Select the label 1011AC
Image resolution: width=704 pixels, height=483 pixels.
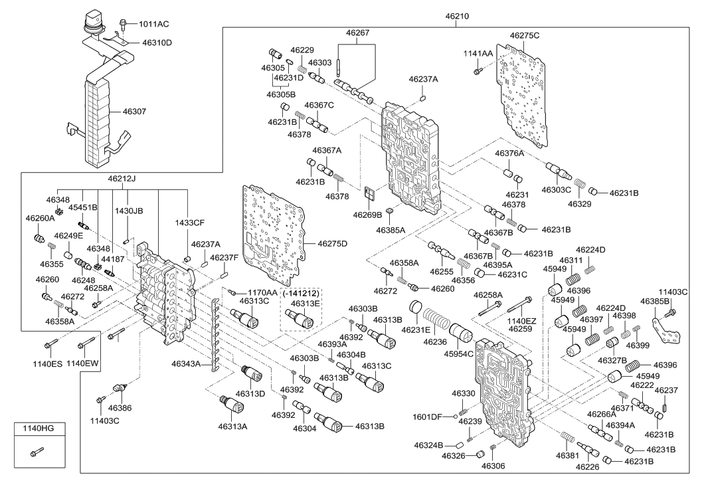[x=153, y=24]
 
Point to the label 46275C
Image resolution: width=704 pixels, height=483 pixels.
[x=525, y=35]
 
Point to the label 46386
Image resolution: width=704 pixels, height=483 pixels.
[x=121, y=407]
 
